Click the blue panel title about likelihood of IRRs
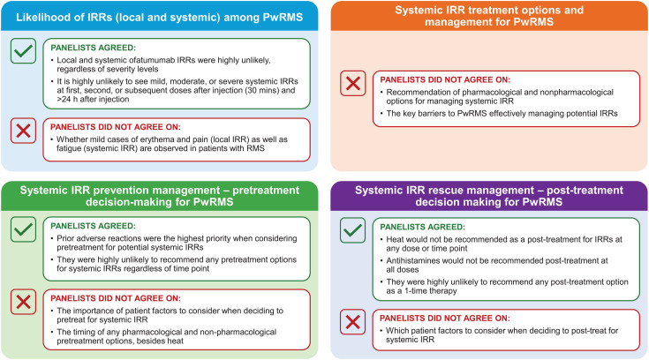click(160, 18)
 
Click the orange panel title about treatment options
click(488, 24)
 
